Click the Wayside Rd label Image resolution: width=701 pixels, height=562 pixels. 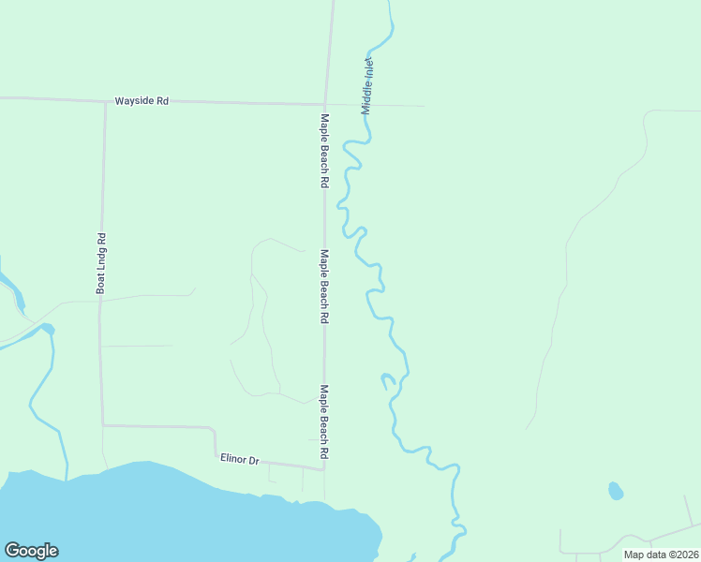pos(142,100)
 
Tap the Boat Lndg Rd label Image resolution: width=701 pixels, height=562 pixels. pos(100,263)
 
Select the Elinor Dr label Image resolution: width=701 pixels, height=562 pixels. pos(239,459)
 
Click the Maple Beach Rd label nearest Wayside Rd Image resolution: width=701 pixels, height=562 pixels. pos(324,152)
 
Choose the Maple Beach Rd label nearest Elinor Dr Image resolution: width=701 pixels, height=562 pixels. pos(324,421)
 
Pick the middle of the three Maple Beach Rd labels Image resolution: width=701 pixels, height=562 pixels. pos(324,287)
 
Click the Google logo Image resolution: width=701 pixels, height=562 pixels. pos(31,551)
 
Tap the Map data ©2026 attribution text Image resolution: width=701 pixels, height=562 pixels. pos(662,555)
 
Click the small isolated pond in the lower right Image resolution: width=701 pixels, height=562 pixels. pos(616,491)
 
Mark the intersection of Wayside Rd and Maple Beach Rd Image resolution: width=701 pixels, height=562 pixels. pos(325,103)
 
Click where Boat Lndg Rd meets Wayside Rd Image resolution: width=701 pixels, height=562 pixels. pos(104,100)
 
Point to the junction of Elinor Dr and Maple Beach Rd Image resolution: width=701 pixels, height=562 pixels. pos(324,469)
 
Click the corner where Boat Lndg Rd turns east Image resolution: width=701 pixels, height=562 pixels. pos(102,425)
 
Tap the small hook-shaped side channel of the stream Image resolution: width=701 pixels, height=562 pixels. pos(386,380)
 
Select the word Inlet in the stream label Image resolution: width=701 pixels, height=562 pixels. pos(369,70)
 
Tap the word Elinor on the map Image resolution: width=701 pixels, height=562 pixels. pos(232,458)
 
